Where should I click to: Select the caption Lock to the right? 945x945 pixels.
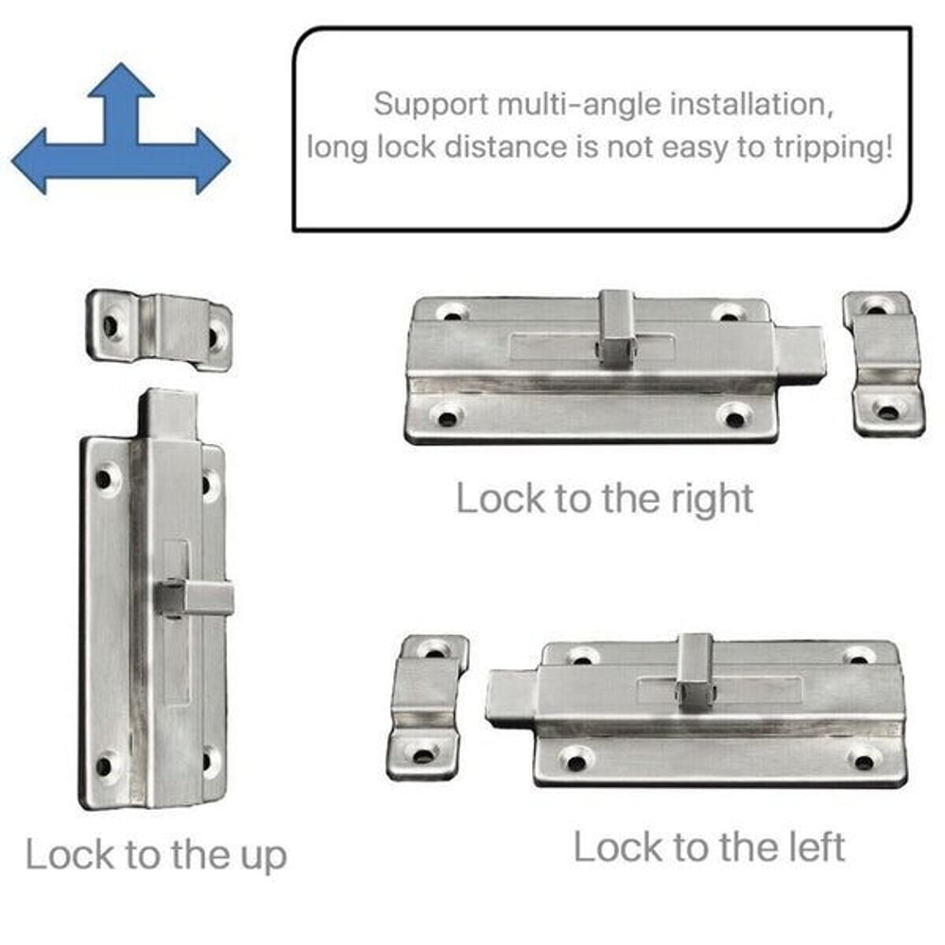click(x=605, y=498)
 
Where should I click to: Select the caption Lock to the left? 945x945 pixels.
click(x=709, y=847)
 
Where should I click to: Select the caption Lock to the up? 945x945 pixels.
click(x=156, y=854)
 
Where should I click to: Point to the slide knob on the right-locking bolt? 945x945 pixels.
click(x=615, y=328)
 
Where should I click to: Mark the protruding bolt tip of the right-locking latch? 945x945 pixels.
click(x=801, y=354)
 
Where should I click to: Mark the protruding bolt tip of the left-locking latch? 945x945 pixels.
click(x=510, y=697)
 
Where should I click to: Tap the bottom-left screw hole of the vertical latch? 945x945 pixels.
click(x=106, y=764)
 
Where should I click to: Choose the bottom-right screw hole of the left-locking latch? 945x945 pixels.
click(x=861, y=759)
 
